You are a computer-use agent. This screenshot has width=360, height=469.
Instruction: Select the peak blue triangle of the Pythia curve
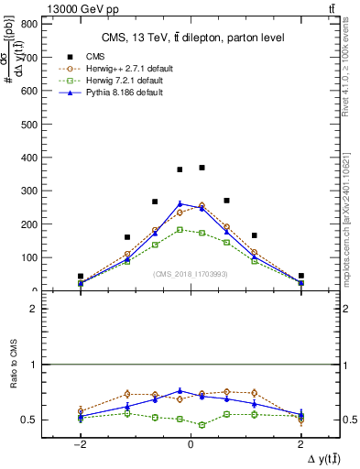tap(180, 203)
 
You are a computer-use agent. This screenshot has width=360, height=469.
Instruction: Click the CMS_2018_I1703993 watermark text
tap(191, 272)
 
